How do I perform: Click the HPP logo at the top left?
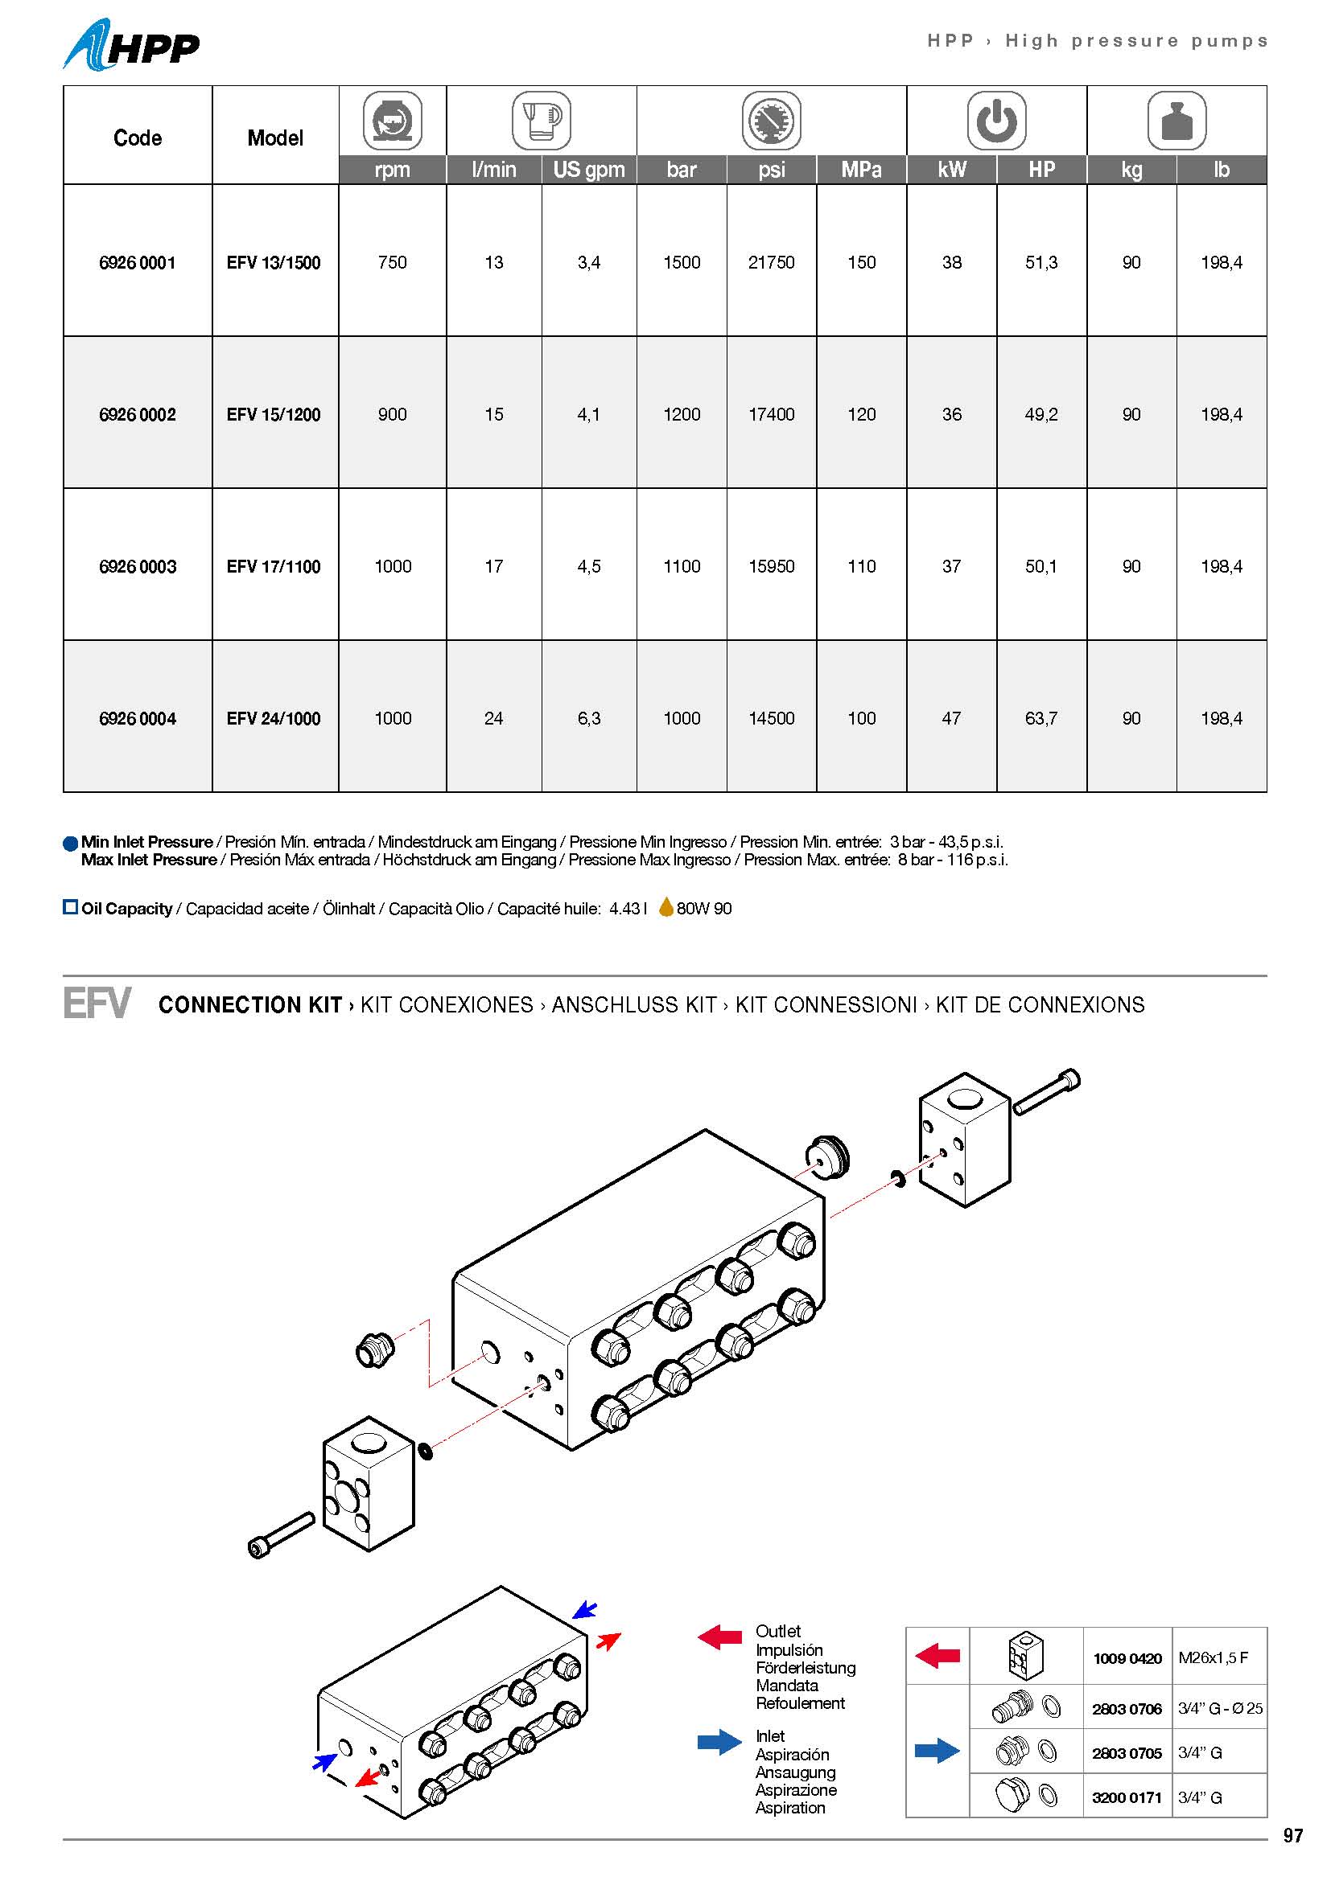click(x=131, y=46)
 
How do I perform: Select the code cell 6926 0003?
click(x=138, y=566)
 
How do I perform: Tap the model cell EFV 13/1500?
click(x=274, y=262)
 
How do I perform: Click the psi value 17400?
click(x=771, y=414)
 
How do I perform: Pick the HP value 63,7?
click(x=1040, y=718)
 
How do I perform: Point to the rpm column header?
click(x=393, y=170)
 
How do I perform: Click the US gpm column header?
click(x=588, y=170)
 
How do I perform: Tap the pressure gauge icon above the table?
click(x=771, y=121)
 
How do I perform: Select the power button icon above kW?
click(x=996, y=121)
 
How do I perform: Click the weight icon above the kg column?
click(x=1176, y=121)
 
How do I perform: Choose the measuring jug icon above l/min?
click(x=541, y=121)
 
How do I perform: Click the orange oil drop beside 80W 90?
click(x=666, y=907)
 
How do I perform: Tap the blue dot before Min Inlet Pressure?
click(x=71, y=843)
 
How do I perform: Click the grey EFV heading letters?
click(x=97, y=1004)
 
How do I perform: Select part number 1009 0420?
click(x=1127, y=1658)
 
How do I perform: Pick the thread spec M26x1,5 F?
click(x=1213, y=1657)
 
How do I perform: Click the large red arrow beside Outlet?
click(x=719, y=1637)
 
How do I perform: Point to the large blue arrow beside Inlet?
click(x=719, y=1742)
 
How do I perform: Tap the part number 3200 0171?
click(x=1127, y=1797)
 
